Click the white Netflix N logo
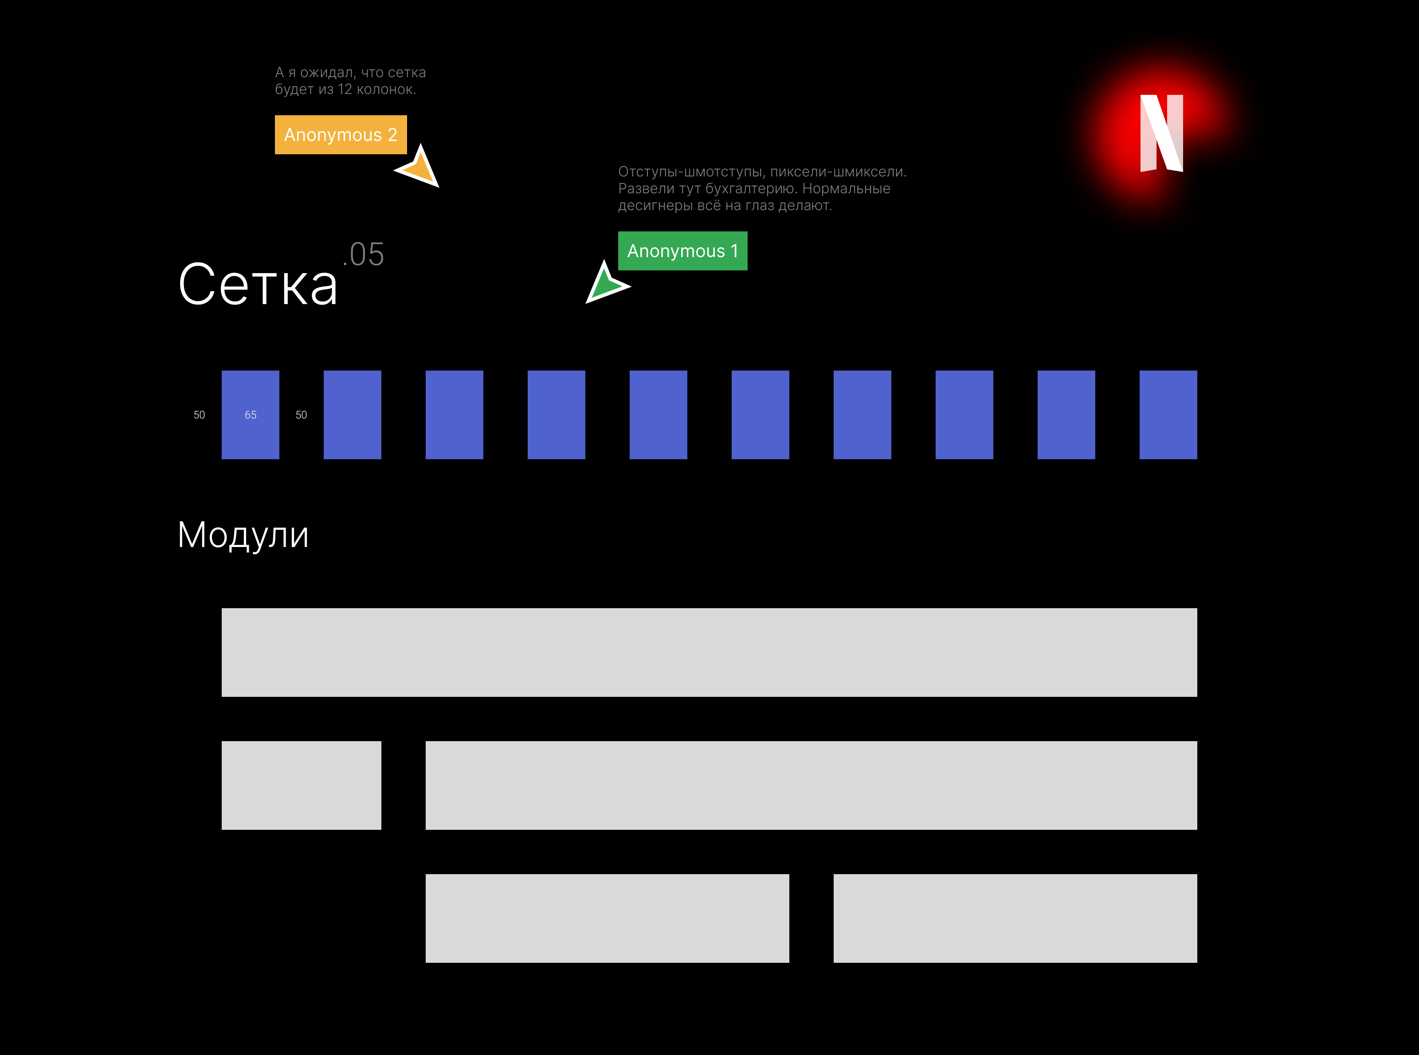click(x=1161, y=133)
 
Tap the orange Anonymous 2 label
click(x=341, y=135)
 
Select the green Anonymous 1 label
click(x=682, y=251)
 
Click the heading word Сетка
click(x=258, y=285)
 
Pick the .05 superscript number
click(x=364, y=255)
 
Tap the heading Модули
click(x=243, y=535)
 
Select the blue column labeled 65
click(x=251, y=415)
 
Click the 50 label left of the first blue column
click(x=200, y=415)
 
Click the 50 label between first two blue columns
click(x=301, y=415)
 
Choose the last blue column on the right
click(x=1168, y=415)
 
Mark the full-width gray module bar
click(x=709, y=652)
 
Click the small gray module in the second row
click(x=301, y=785)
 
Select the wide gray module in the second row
click(x=811, y=785)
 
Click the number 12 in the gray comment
click(x=345, y=90)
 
